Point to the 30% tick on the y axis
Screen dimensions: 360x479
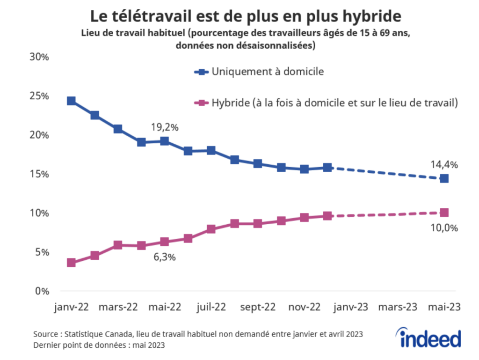point(39,57)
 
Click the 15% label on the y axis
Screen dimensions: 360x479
point(39,174)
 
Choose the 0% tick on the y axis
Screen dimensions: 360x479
point(42,291)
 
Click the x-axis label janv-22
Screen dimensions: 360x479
point(71,308)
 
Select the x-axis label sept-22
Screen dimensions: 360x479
point(258,308)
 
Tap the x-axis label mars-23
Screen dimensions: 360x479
point(398,308)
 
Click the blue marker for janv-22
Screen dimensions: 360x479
point(71,101)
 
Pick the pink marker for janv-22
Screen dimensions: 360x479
point(71,263)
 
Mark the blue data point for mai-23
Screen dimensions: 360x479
point(444,178)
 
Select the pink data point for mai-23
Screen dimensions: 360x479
point(444,213)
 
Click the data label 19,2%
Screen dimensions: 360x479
point(165,127)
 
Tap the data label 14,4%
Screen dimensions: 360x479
point(444,164)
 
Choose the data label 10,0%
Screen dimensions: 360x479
point(444,228)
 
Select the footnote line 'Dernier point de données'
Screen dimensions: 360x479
point(99,345)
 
